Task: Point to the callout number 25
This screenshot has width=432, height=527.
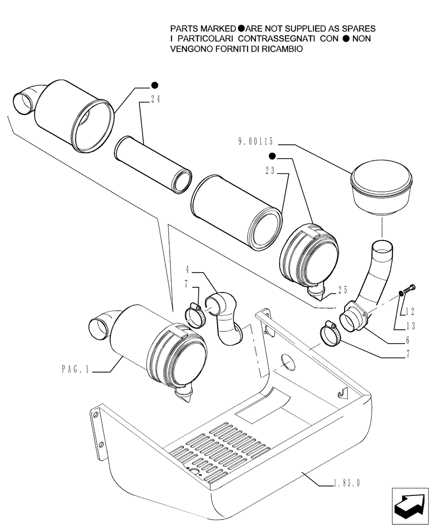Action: click(x=342, y=289)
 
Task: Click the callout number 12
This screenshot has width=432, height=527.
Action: click(x=410, y=311)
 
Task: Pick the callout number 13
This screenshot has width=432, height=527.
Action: click(x=410, y=326)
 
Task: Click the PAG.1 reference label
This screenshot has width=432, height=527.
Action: click(x=76, y=372)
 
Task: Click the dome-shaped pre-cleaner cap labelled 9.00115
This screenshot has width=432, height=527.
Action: click(x=379, y=189)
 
